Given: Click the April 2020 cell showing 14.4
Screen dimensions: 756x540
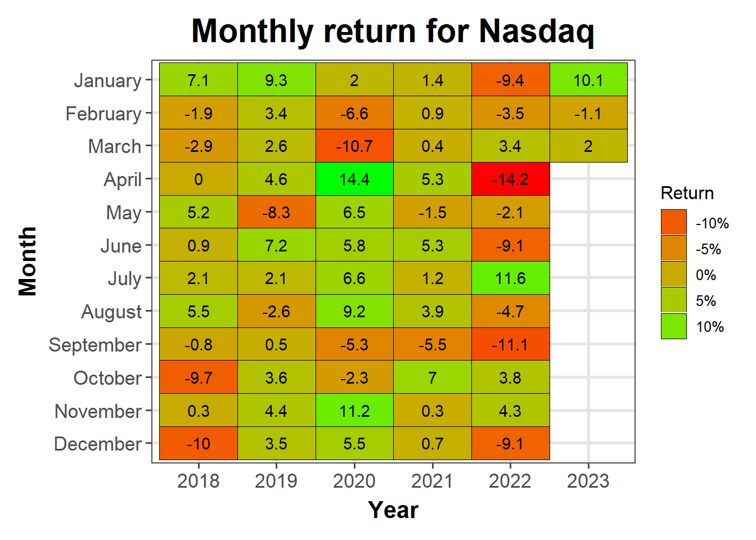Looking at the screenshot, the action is (354, 179).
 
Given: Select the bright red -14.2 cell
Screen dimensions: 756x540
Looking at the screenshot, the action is (510, 179).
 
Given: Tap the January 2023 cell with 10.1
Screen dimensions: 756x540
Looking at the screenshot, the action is (588, 79).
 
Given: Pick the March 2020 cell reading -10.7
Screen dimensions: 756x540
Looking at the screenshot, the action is (354, 146).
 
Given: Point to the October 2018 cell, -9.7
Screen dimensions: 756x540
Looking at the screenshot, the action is (199, 377).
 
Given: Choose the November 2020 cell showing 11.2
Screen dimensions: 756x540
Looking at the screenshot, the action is (354, 410).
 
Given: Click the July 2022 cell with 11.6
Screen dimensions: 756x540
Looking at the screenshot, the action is (510, 278).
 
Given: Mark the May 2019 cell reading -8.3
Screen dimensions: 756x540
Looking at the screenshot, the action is (276, 212).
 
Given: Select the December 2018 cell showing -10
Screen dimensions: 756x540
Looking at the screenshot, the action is (199, 443).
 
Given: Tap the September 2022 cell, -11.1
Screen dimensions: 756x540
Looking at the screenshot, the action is (510, 344).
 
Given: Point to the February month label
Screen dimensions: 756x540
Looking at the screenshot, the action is (103, 114).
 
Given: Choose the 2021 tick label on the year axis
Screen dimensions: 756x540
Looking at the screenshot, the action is (432, 481).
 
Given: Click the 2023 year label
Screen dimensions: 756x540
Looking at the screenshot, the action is (588, 481).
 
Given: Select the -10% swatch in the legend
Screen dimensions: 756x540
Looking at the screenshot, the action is (674, 222).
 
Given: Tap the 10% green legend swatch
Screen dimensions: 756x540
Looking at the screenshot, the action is (674, 326).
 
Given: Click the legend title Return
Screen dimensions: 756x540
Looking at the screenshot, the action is (687, 193).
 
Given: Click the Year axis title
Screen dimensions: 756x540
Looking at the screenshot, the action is (393, 510).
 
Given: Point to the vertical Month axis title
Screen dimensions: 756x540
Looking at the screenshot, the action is (28, 262).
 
